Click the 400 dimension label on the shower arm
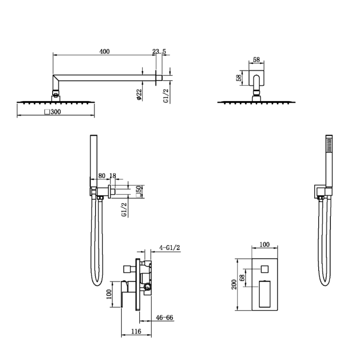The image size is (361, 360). click(104, 51)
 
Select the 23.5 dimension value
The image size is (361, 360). click(159, 51)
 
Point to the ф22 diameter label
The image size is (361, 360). click(139, 95)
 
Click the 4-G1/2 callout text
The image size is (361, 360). click(170, 248)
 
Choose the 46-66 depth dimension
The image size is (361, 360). click(164, 318)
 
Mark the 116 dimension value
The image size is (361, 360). click(136, 331)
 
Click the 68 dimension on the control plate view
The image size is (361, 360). click(242, 278)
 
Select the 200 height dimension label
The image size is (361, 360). click(234, 285)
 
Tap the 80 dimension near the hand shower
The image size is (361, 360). click(102, 176)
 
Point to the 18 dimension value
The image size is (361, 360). click(113, 176)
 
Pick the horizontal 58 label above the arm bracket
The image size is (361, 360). click(256, 60)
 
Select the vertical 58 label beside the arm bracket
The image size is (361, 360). click(239, 77)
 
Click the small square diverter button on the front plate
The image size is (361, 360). click(265, 269)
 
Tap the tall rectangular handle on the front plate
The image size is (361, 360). click(265, 294)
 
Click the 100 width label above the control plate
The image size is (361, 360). click(264, 244)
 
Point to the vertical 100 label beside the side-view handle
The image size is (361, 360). click(109, 294)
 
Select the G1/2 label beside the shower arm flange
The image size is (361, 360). click(166, 96)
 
